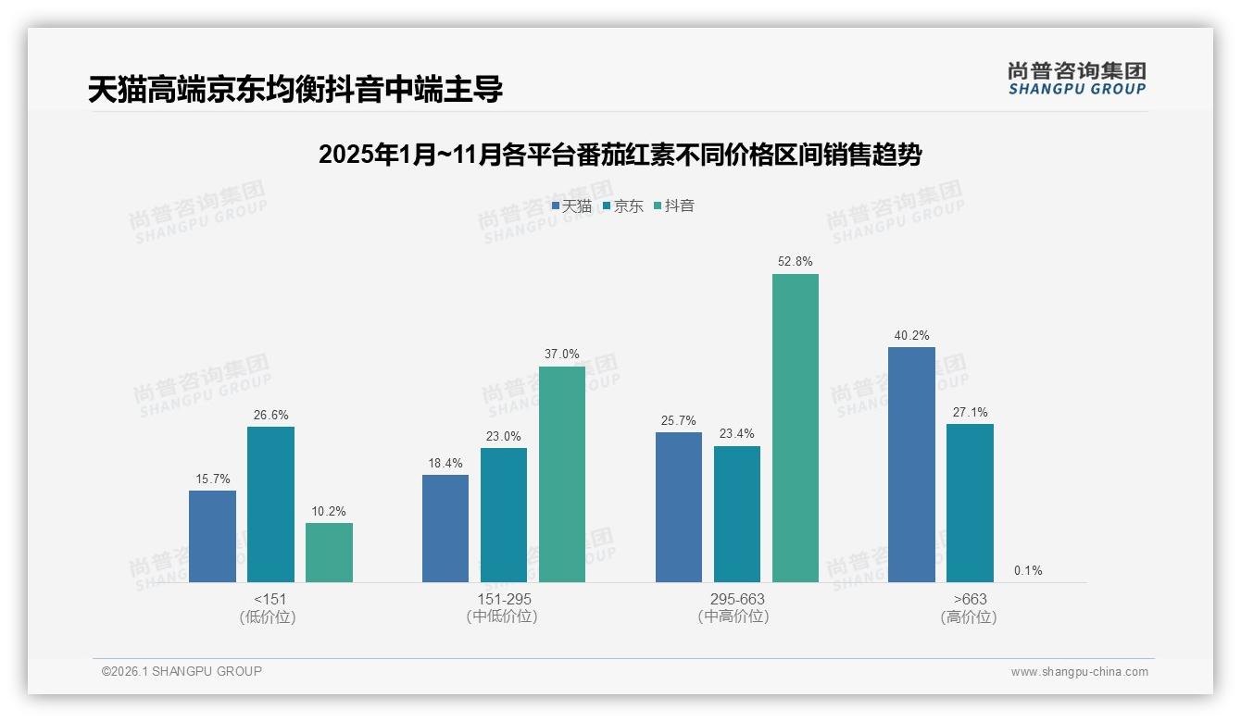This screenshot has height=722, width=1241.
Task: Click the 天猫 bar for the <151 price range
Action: (x=212, y=536)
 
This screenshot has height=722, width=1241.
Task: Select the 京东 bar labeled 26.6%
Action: (x=270, y=504)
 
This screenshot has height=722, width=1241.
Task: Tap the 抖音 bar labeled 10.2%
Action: (x=329, y=553)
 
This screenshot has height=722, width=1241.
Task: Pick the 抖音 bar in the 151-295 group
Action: (x=562, y=474)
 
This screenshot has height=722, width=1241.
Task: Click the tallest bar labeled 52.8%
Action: (x=796, y=428)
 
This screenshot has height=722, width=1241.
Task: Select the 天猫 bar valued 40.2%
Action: (x=911, y=465)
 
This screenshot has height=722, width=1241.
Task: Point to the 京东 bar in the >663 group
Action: (x=970, y=503)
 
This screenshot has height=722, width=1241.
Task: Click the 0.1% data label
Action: (x=1028, y=570)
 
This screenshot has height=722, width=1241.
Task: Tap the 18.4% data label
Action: (x=445, y=463)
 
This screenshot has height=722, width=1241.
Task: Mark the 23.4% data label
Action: (x=737, y=433)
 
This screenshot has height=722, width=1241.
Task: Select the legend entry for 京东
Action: (x=623, y=206)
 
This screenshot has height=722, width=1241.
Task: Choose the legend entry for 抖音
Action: (x=674, y=206)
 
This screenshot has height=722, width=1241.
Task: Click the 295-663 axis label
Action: (x=737, y=599)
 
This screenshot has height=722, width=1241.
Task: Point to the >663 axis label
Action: (x=970, y=599)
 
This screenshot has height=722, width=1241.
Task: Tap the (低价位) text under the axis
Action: (x=268, y=617)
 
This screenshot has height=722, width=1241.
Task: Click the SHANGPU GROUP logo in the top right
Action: (x=1076, y=79)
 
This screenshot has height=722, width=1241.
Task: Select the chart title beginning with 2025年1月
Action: (x=620, y=155)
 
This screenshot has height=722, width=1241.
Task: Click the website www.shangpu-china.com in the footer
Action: (x=1079, y=672)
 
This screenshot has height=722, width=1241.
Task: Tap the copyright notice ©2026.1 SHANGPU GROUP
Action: (x=182, y=671)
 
